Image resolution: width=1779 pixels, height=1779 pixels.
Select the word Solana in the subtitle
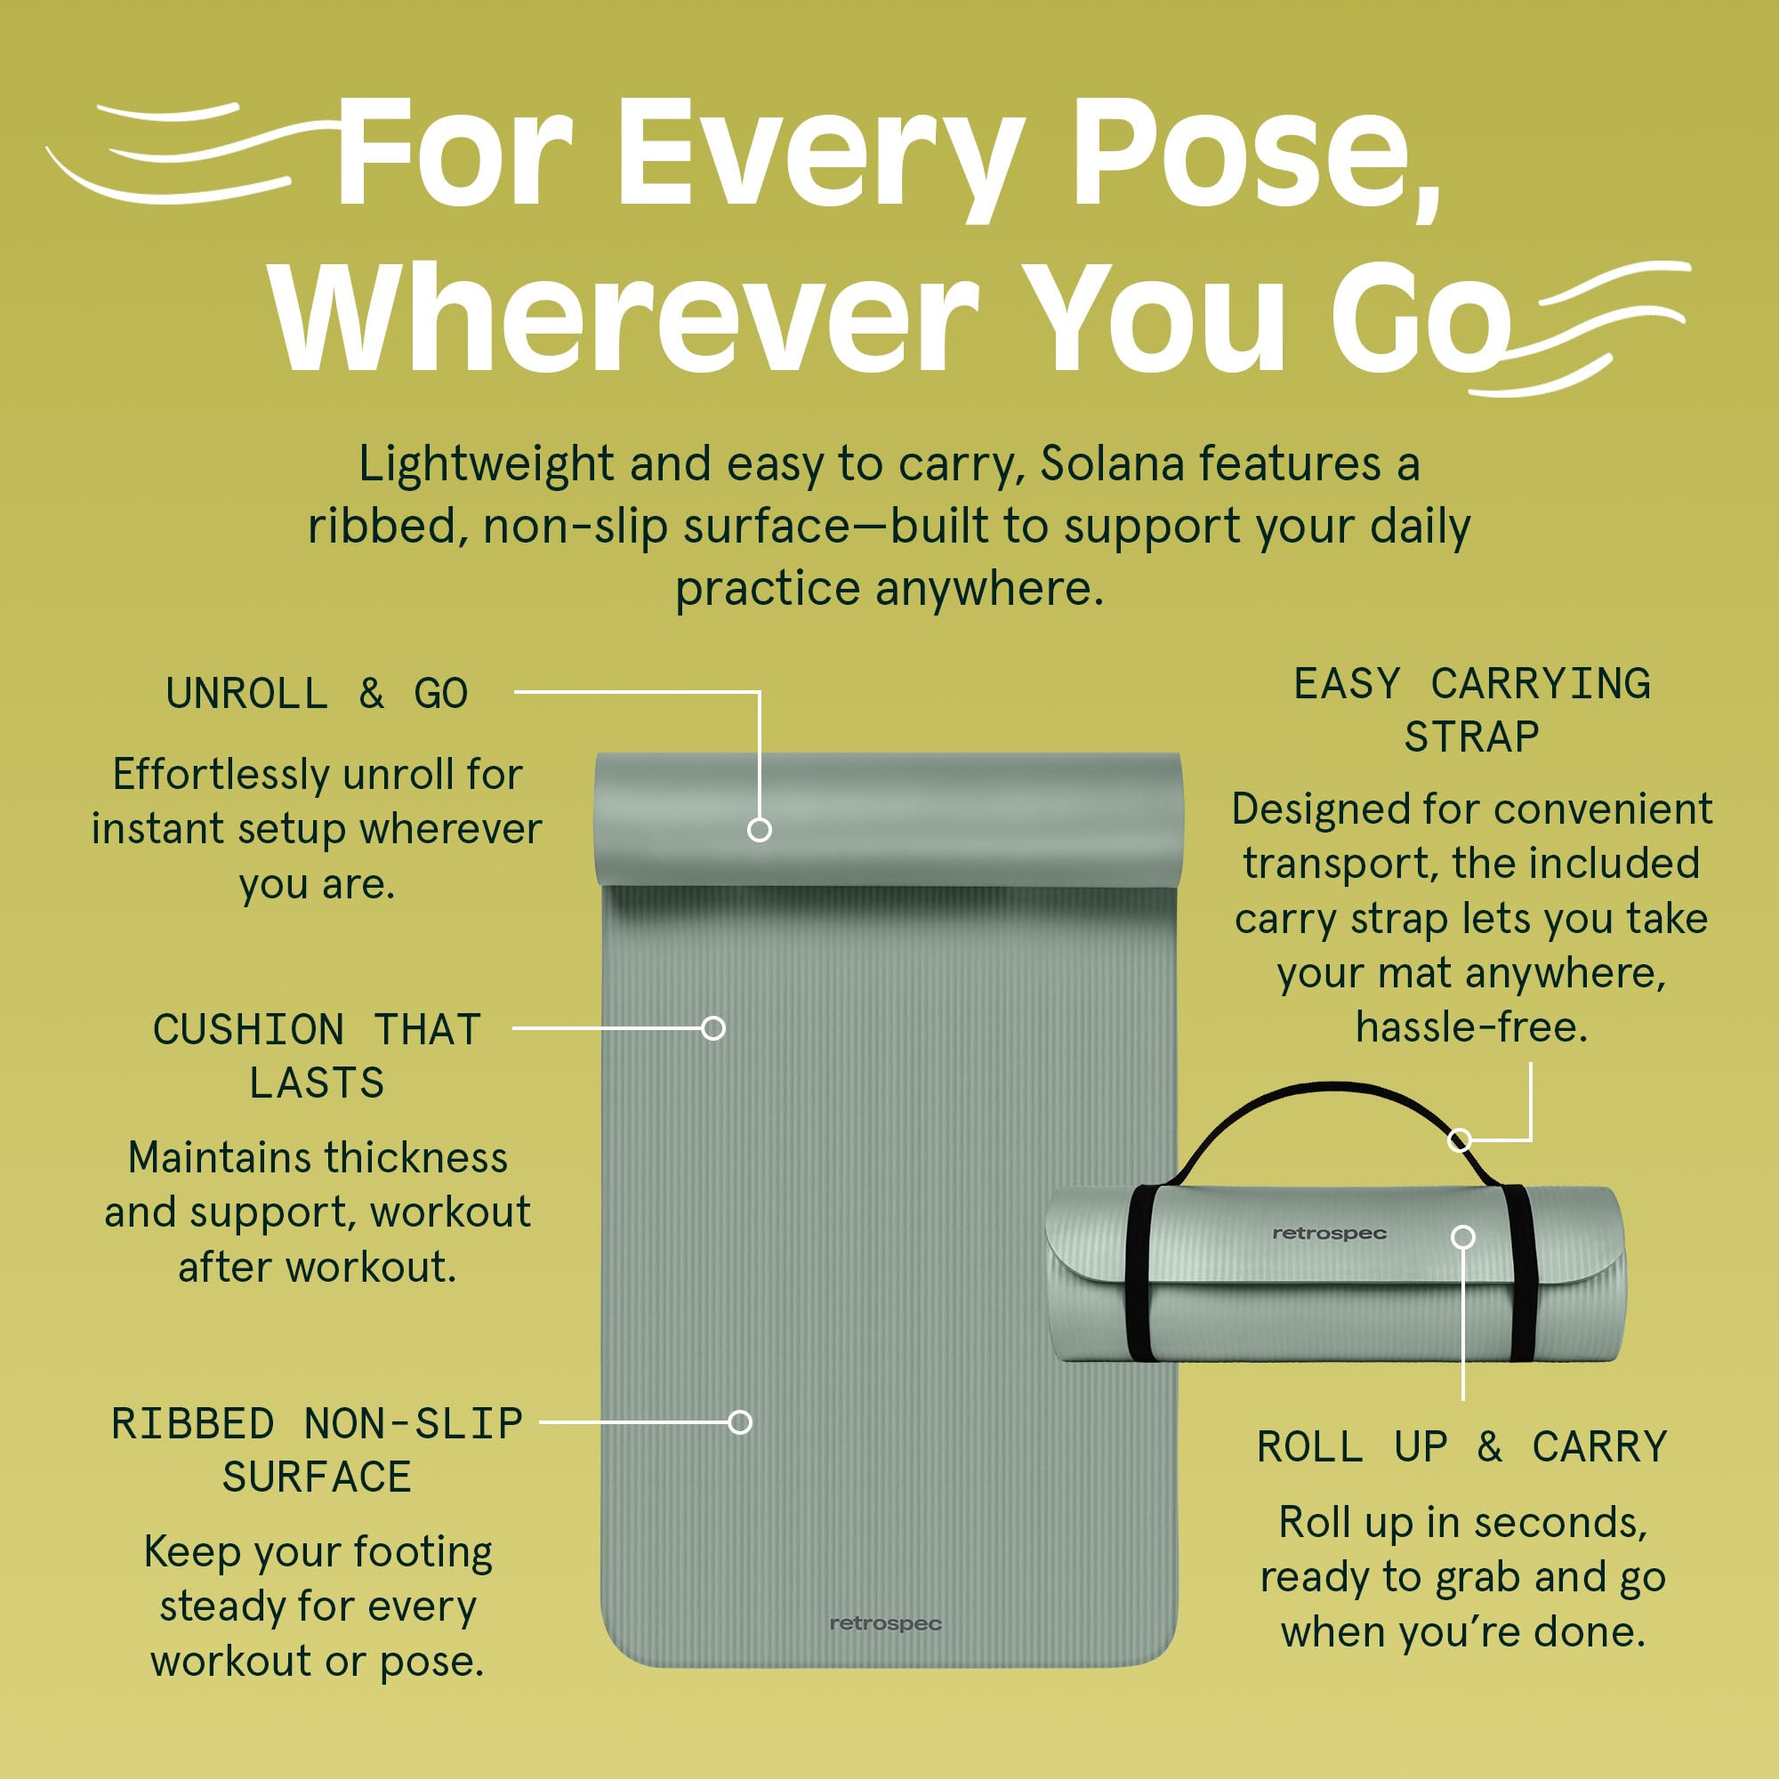point(1111,463)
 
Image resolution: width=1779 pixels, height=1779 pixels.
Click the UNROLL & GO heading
point(317,694)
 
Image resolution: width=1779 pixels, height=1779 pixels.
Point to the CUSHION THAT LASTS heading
point(317,1055)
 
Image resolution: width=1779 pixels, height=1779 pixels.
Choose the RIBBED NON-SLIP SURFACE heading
point(317,1450)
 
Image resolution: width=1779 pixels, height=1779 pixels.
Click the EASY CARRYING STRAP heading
point(1471,710)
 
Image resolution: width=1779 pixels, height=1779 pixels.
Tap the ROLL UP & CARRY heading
point(1462,1446)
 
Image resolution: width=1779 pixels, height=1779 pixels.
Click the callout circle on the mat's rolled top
point(759,830)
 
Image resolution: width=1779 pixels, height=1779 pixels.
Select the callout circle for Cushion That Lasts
point(712,1027)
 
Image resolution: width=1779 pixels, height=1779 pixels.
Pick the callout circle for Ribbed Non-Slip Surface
point(739,1421)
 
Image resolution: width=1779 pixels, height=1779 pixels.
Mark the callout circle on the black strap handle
point(1459,1140)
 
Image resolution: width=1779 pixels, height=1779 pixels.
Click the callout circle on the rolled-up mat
point(1463,1236)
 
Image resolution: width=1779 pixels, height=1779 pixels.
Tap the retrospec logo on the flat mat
point(885,1623)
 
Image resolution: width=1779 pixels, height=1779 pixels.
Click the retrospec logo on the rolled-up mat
point(1329,1233)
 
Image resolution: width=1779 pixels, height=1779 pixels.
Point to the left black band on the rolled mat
point(1139,1274)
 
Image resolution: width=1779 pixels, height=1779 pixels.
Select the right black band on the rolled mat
point(1521,1274)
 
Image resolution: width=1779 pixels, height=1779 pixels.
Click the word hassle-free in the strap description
point(1471,1026)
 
